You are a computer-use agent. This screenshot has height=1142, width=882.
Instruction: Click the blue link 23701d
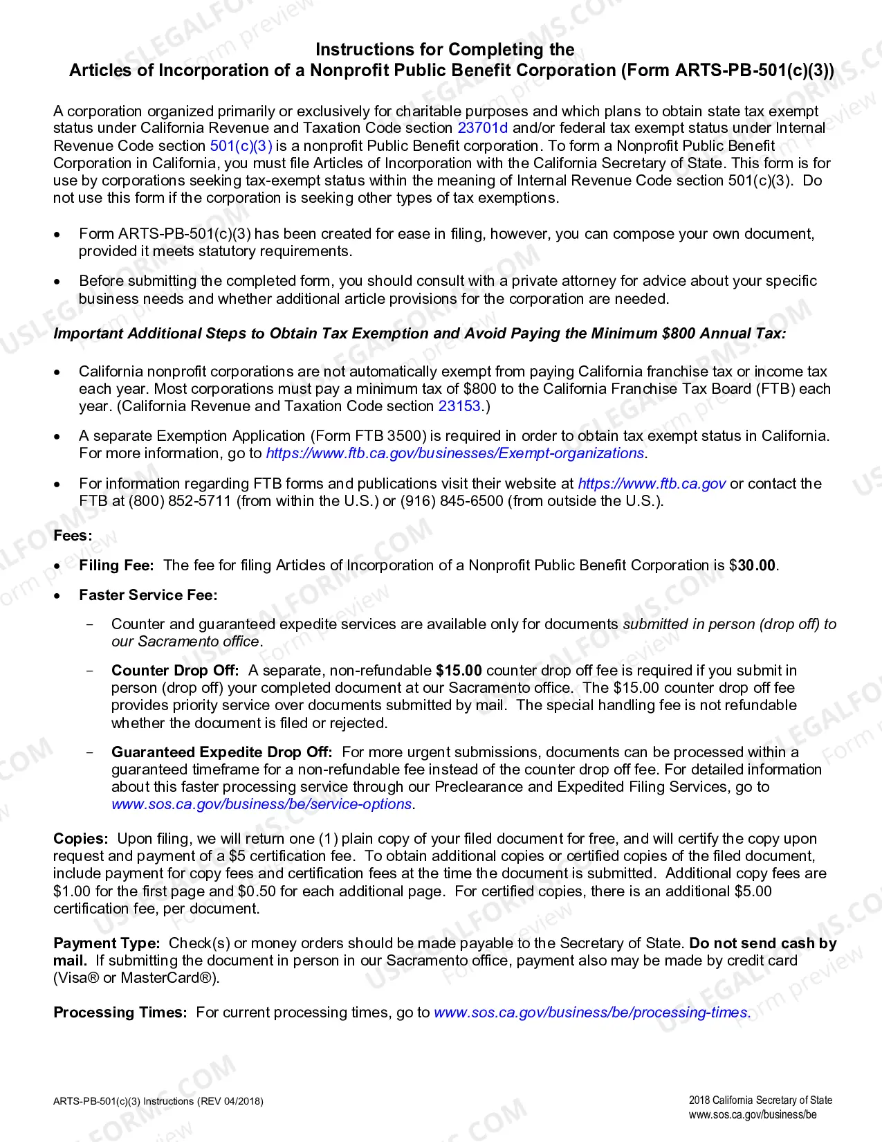pyautogui.click(x=482, y=128)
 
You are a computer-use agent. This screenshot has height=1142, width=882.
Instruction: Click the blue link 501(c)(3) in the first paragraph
pyautogui.click(x=241, y=146)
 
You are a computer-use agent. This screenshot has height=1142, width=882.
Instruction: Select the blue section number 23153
pyautogui.click(x=459, y=406)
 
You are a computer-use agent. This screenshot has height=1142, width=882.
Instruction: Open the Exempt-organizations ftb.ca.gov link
pyautogui.click(x=455, y=453)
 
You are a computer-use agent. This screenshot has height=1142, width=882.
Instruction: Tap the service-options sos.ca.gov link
pyautogui.click(x=261, y=804)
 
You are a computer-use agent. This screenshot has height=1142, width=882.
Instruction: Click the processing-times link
pyautogui.click(x=591, y=1013)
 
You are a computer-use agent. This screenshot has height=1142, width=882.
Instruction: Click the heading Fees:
pyautogui.click(x=73, y=536)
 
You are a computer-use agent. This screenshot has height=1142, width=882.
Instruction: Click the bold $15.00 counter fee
pyautogui.click(x=459, y=671)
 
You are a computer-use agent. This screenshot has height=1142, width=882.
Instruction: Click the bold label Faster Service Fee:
pyautogui.click(x=148, y=595)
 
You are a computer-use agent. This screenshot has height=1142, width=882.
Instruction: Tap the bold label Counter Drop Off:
pyautogui.click(x=175, y=671)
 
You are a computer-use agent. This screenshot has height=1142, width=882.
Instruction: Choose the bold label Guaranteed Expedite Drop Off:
pyautogui.click(x=221, y=752)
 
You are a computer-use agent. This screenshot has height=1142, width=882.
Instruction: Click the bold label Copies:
pyautogui.click(x=81, y=839)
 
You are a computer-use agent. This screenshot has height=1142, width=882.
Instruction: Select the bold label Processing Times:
pyautogui.click(x=120, y=1013)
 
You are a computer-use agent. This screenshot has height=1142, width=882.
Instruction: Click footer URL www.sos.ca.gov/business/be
pyautogui.click(x=752, y=1115)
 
